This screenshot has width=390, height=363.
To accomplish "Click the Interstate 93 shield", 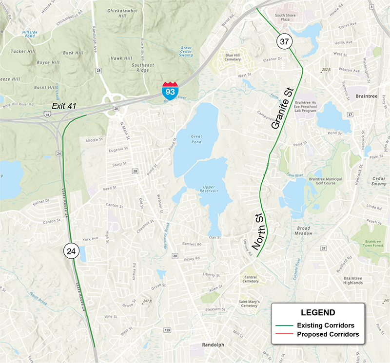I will (170, 91).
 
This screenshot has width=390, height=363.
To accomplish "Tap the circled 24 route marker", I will (71, 251).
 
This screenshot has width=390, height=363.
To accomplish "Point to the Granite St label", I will (282, 108).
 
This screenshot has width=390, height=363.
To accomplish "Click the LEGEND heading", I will (317, 312).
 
